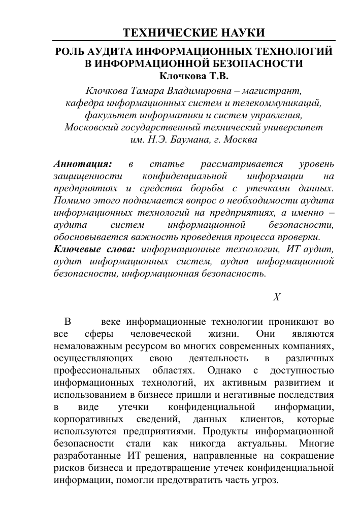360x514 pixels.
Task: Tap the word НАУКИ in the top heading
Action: [243, 33]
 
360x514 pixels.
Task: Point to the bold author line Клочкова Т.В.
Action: [194, 76]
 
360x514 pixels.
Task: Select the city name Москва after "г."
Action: [239, 140]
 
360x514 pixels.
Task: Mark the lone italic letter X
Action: [276, 297]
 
